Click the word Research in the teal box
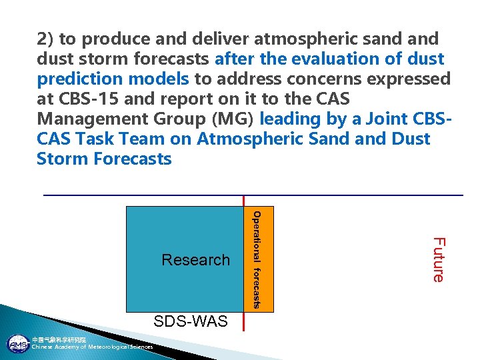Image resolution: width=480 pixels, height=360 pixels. (x=195, y=260)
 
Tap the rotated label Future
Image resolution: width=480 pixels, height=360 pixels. (x=438, y=259)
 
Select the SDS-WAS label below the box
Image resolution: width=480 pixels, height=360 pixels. (x=191, y=321)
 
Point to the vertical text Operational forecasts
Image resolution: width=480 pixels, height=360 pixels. (x=257, y=260)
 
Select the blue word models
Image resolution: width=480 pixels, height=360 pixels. (x=159, y=79)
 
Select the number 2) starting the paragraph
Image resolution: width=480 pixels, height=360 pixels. (x=46, y=39)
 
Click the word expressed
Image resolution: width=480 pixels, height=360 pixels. (x=411, y=79)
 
